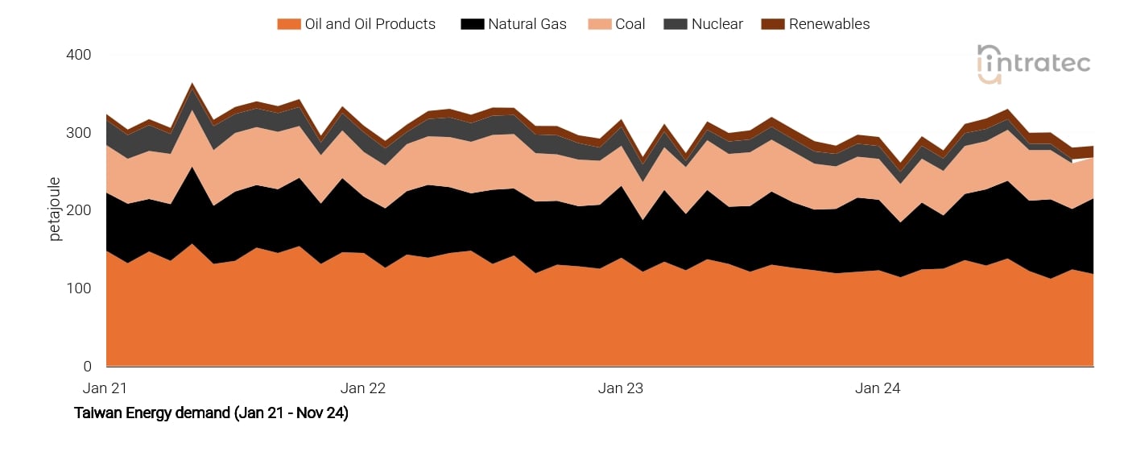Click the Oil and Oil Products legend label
[370, 24]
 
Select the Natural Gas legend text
[527, 24]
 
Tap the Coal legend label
[630, 24]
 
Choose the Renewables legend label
[828, 24]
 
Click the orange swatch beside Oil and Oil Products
[288, 24]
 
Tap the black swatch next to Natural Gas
[472, 24]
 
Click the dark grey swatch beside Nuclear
[675, 24]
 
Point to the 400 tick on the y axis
[78, 55]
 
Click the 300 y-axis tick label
[78, 133]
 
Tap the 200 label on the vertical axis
[78, 210]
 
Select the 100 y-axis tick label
[78, 288]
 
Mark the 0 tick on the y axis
[86, 367]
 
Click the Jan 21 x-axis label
[105, 388]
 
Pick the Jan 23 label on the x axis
[621, 388]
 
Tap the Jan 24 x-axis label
[878, 388]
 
